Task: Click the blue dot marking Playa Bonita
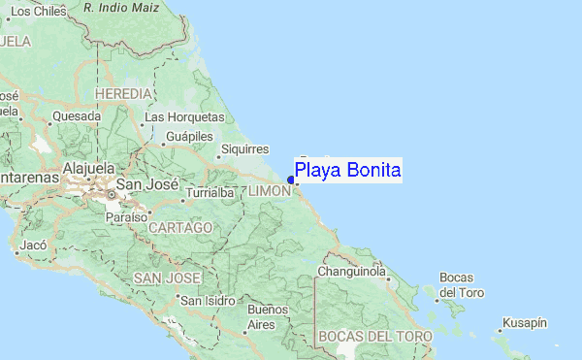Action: [291, 179]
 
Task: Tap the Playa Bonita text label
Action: [348, 171]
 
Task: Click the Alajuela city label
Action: [88, 168]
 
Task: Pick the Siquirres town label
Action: [243, 148]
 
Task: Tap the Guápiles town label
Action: [189, 137]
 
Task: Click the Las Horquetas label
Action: [178, 117]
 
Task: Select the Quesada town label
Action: [77, 116]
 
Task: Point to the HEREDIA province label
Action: [123, 93]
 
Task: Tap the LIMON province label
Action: [269, 191]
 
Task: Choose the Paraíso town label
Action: [128, 217]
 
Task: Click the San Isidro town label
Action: [208, 300]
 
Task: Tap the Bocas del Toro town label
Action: [461, 285]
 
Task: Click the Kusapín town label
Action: [525, 322]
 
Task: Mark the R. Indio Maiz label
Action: [121, 7]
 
